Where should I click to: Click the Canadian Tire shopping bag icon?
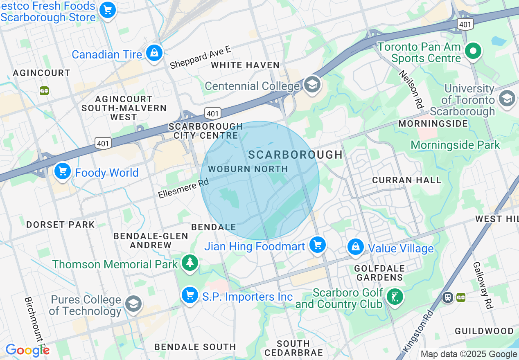point(154,53)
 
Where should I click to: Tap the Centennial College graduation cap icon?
point(312,85)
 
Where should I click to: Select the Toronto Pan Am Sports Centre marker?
point(474,51)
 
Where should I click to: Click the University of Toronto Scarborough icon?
point(507,99)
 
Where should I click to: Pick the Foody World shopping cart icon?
point(63,171)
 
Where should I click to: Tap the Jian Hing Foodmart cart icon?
point(317,245)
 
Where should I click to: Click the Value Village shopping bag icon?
point(356,247)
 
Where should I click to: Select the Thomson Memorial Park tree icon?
point(190,263)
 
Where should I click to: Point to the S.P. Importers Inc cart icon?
point(190,295)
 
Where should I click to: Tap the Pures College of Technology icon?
point(133,304)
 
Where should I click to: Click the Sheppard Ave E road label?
point(200,57)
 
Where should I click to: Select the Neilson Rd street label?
point(411,89)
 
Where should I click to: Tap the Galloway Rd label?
point(483,285)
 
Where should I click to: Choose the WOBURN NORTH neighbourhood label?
point(248,169)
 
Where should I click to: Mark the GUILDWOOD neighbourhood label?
point(484,331)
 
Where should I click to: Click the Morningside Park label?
point(455,145)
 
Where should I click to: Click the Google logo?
point(27,350)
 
